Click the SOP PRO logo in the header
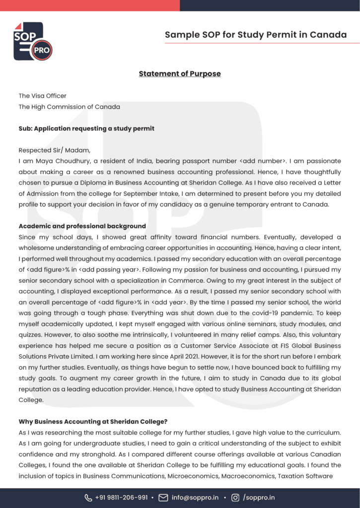click(32, 42)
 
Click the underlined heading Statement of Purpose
click(180, 74)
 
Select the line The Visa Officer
click(43, 96)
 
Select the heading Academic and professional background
click(82, 226)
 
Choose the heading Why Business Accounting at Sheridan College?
click(92, 422)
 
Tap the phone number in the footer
click(122, 498)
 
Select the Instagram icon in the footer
click(235, 498)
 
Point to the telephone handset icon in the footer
click(88, 498)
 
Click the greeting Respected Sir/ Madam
click(55, 150)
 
